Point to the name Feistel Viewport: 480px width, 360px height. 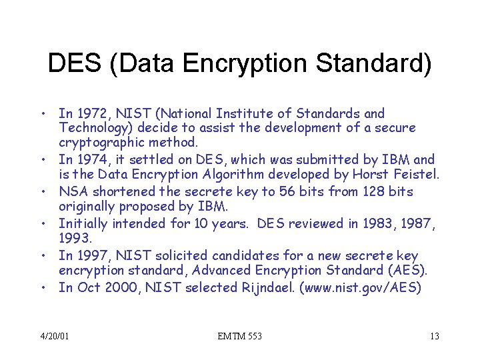(x=417, y=175)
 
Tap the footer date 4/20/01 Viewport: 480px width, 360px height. (x=54, y=336)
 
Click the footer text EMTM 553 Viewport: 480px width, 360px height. (x=240, y=336)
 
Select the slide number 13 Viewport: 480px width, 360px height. (x=434, y=336)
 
